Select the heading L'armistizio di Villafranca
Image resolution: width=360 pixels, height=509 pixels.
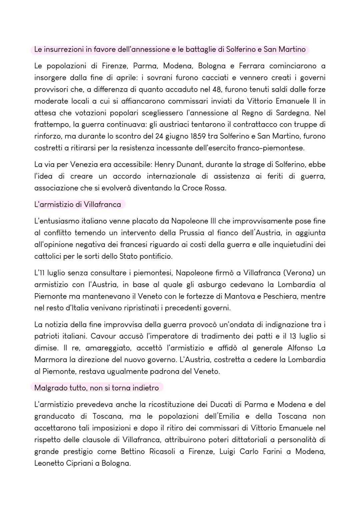pyautogui.click(x=78, y=205)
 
